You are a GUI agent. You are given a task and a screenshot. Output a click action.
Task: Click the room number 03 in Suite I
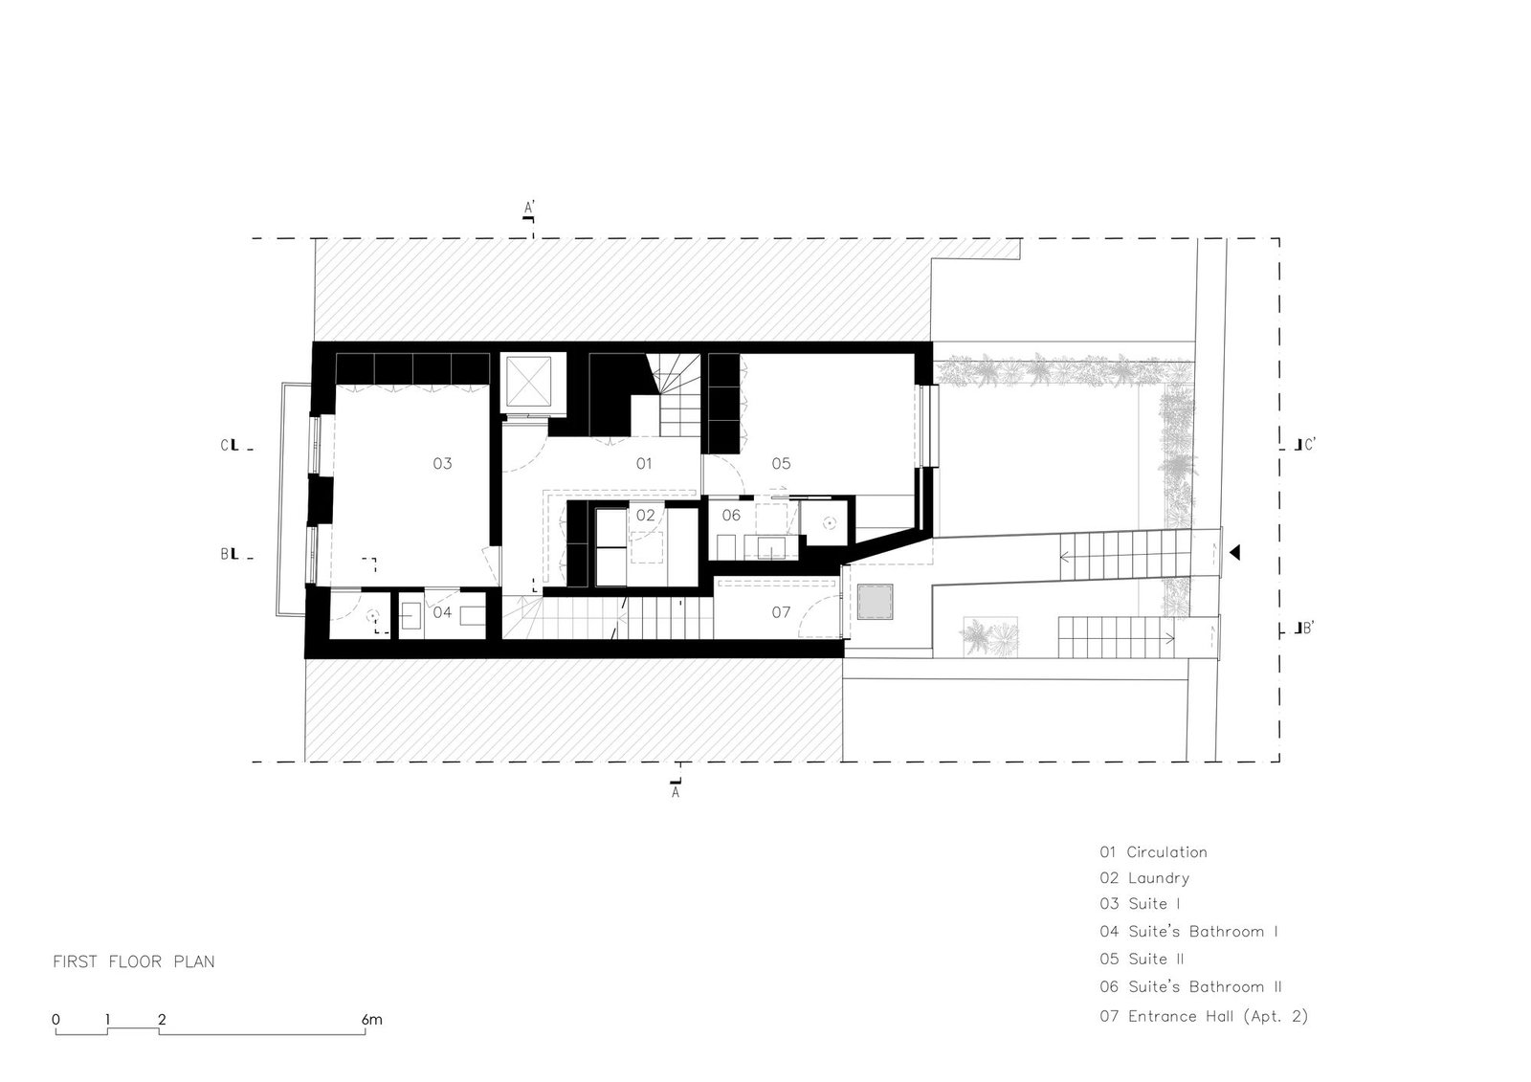pyautogui.click(x=442, y=463)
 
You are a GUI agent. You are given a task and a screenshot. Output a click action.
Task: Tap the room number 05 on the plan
pyautogui.click(x=781, y=463)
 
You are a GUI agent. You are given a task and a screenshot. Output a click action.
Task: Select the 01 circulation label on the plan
pyautogui.click(x=644, y=463)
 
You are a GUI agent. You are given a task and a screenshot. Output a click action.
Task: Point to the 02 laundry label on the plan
pyautogui.click(x=645, y=515)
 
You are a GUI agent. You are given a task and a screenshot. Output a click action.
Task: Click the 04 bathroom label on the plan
pyautogui.click(x=442, y=611)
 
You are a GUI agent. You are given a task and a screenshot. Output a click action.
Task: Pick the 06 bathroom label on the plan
pyautogui.click(x=731, y=515)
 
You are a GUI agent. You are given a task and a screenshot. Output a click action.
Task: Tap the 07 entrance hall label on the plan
pyautogui.click(x=781, y=611)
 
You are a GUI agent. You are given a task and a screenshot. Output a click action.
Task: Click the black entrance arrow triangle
pyautogui.click(x=1234, y=552)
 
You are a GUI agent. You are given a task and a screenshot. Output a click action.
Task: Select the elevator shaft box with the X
pyautogui.click(x=529, y=385)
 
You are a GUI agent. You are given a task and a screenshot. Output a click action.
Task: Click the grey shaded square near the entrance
pyautogui.click(x=875, y=602)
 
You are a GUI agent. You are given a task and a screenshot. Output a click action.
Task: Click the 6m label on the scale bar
pyautogui.click(x=372, y=1020)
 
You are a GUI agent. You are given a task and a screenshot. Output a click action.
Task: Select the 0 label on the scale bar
pyautogui.click(x=56, y=1020)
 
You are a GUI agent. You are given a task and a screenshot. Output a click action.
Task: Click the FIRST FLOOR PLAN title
pyautogui.click(x=134, y=961)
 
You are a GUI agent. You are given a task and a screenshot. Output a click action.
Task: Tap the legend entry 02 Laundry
pyautogui.click(x=1144, y=878)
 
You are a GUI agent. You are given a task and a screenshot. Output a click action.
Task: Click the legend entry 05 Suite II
pyautogui.click(x=1142, y=959)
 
